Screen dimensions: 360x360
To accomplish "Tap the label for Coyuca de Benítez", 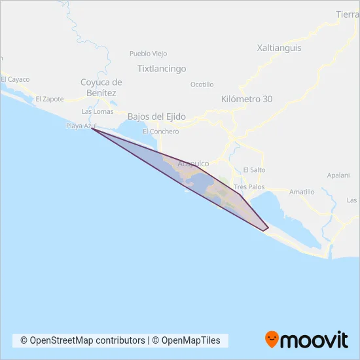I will click(x=101, y=88).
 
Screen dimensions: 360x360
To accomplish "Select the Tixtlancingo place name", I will click(x=162, y=69).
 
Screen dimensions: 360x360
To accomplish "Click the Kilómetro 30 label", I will click(x=247, y=99).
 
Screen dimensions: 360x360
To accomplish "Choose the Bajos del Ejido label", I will click(x=156, y=117).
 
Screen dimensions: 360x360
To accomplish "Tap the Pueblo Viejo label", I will click(x=149, y=54).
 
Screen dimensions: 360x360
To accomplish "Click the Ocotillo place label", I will click(x=202, y=84).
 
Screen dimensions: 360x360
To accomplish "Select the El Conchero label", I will click(x=160, y=132).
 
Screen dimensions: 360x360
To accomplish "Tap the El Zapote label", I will click(x=50, y=99).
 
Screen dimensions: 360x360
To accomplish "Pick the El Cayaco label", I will click(x=15, y=79).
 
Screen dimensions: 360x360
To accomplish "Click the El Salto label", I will click(x=253, y=170).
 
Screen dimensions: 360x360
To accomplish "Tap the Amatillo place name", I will click(x=302, y=192).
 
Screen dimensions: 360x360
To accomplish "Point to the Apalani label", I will click(x=339, y=176).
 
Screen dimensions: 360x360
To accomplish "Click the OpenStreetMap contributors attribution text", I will click(x=82, y=340).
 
